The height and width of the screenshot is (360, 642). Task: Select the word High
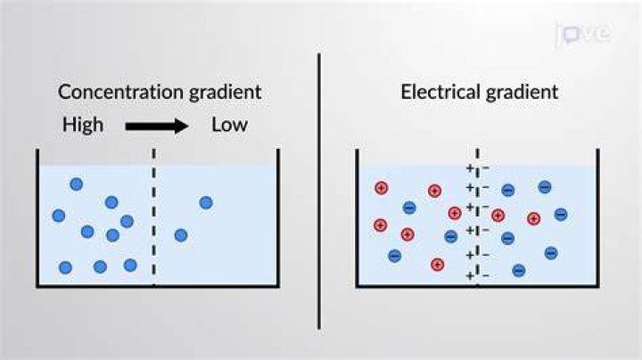coord(83,125)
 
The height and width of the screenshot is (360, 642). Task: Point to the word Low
coord(229,125)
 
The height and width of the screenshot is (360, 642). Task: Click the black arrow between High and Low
coord(157,126)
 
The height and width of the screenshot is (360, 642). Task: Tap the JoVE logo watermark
coord(584,34)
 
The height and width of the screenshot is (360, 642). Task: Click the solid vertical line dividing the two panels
coord(319,191)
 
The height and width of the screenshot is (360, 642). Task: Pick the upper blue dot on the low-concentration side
coord(206,202)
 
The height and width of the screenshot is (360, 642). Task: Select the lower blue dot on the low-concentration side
coord(181,235)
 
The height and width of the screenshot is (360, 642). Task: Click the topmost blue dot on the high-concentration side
coord(77,184)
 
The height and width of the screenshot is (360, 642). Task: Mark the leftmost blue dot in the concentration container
coord(59,216)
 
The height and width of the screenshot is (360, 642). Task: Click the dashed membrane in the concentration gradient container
coord(154,217)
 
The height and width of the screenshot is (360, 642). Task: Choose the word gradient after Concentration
coord(226,92)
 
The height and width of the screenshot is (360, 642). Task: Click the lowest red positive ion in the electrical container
coord(437,265)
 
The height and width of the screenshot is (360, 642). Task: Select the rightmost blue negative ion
coord(561,215)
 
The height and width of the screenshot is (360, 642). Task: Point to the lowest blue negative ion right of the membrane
coord(519,270)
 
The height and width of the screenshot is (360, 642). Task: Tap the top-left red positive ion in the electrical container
coord(382,188)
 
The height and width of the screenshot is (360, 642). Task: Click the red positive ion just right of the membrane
coord(498,215)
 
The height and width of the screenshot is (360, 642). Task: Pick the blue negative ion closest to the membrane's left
coord(451,236)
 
